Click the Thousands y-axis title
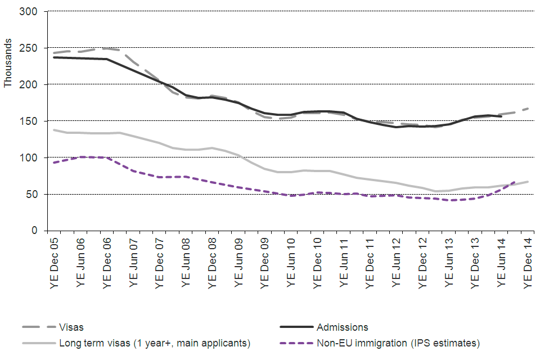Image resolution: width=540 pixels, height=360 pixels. (8, 62)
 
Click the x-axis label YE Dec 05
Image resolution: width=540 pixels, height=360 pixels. (54, 262)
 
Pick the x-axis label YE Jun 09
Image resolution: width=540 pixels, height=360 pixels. (239, 262)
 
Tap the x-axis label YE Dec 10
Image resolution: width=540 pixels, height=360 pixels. (318, 262)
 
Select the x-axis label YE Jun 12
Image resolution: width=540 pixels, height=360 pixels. (397, 262)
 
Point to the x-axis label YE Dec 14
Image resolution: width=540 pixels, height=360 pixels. (528, 262)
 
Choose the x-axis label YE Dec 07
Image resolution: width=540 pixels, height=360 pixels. (160, 262)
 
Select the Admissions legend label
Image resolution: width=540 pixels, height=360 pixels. (342, 327)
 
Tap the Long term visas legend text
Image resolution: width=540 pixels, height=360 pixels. (155, 343)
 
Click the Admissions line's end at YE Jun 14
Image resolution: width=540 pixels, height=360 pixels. (501, 116)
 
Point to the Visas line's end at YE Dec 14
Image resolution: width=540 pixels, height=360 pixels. (528, 108)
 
